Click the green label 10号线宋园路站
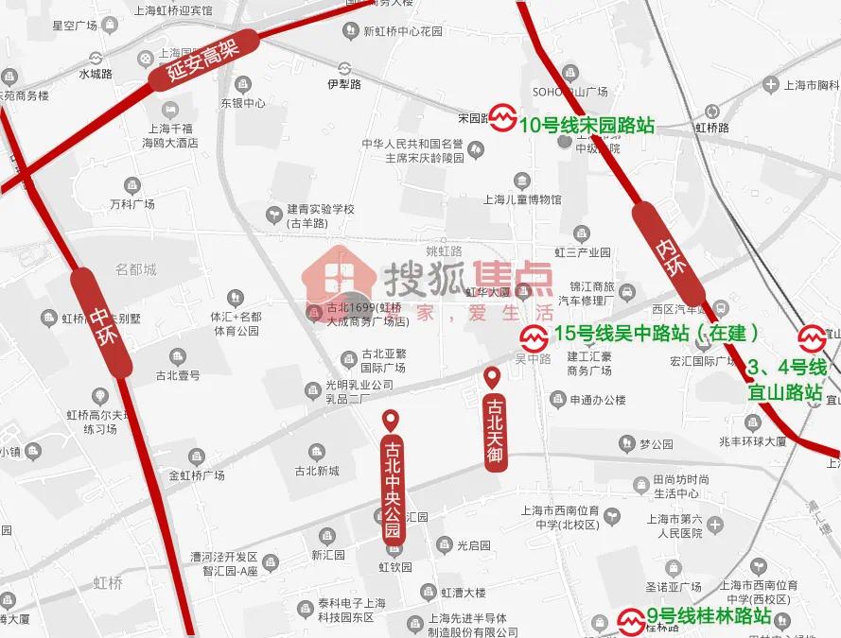click(x=587, y=125)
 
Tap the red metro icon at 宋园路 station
click(x=503, y=118)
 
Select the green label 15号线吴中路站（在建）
click(x=657, y=333)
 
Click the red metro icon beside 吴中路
click(x=534, y=336)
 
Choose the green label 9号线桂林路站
click(x=709, y=619)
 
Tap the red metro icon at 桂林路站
click(x=631, y=621)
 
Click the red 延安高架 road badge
click(x=201, y=60)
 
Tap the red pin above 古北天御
click(x=492, y=378)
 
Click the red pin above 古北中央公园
click(x=391, y=422)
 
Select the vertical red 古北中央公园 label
click(x=393, y=489)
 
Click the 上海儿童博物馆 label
click(x=522, y=199)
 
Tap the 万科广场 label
click(x=131, y=203)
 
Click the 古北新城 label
click(x=316, y=470)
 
